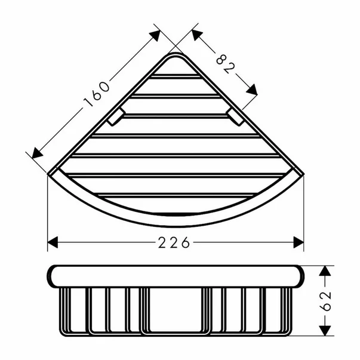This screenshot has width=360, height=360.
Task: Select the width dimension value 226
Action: coord(176,243)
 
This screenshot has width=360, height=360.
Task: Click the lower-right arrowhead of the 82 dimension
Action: coord(252,90)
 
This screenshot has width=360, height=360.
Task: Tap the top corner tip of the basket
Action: coord(176,56)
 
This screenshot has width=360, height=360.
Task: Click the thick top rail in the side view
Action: coord(176,276)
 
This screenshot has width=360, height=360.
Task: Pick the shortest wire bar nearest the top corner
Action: coord(176,76)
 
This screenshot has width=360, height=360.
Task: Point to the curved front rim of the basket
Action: coord(176,221)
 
